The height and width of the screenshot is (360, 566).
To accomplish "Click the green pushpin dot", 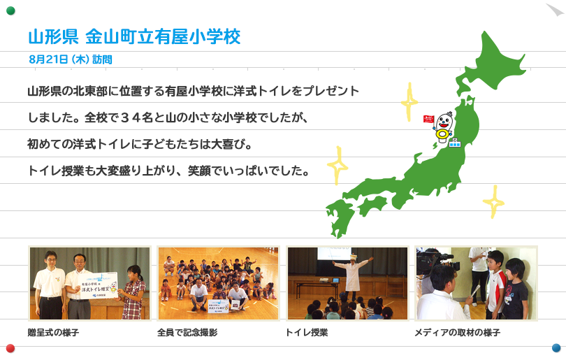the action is (10, 10).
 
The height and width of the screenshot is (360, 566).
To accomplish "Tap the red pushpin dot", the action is (10, 348).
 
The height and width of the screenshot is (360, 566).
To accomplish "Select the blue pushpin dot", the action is (556, 347).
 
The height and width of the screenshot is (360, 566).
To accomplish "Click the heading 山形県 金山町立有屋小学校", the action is (134, 37).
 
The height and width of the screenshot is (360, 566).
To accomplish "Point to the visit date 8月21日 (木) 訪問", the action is (71, 59).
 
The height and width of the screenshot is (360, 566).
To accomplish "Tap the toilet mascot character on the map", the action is (444, 127).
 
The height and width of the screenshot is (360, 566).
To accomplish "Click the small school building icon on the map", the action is (455, 143).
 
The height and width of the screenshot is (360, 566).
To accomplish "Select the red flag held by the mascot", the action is (428, 119).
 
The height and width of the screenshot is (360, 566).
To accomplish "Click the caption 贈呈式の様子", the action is (53, 332).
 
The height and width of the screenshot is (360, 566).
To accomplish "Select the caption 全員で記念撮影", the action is (187, 332).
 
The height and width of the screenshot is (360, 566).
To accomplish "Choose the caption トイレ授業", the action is (307, 332).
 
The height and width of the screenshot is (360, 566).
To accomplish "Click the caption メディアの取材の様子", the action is (458, 332).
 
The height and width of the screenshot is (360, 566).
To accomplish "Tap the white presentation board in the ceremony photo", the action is (99, 285).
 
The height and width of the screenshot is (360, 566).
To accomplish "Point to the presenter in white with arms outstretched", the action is (352, 274).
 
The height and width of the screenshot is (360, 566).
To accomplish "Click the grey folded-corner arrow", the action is (556, 10).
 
